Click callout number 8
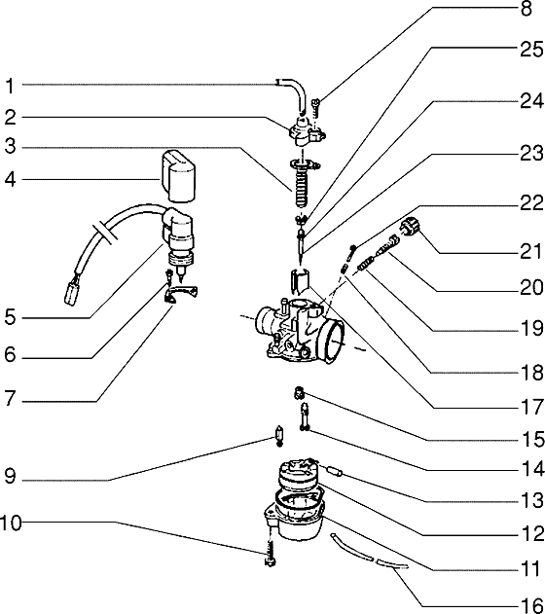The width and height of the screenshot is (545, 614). pos(527,9)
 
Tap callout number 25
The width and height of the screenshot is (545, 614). pos(531,50)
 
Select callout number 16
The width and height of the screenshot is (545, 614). pos(532,604)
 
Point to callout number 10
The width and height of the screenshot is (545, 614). pos(11,523)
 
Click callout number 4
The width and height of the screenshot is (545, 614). pos(10,180)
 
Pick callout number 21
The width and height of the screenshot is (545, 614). pos(531,251)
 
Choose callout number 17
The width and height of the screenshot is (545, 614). pos(532,407)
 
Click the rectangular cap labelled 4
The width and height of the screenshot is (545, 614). pos(179,176)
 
